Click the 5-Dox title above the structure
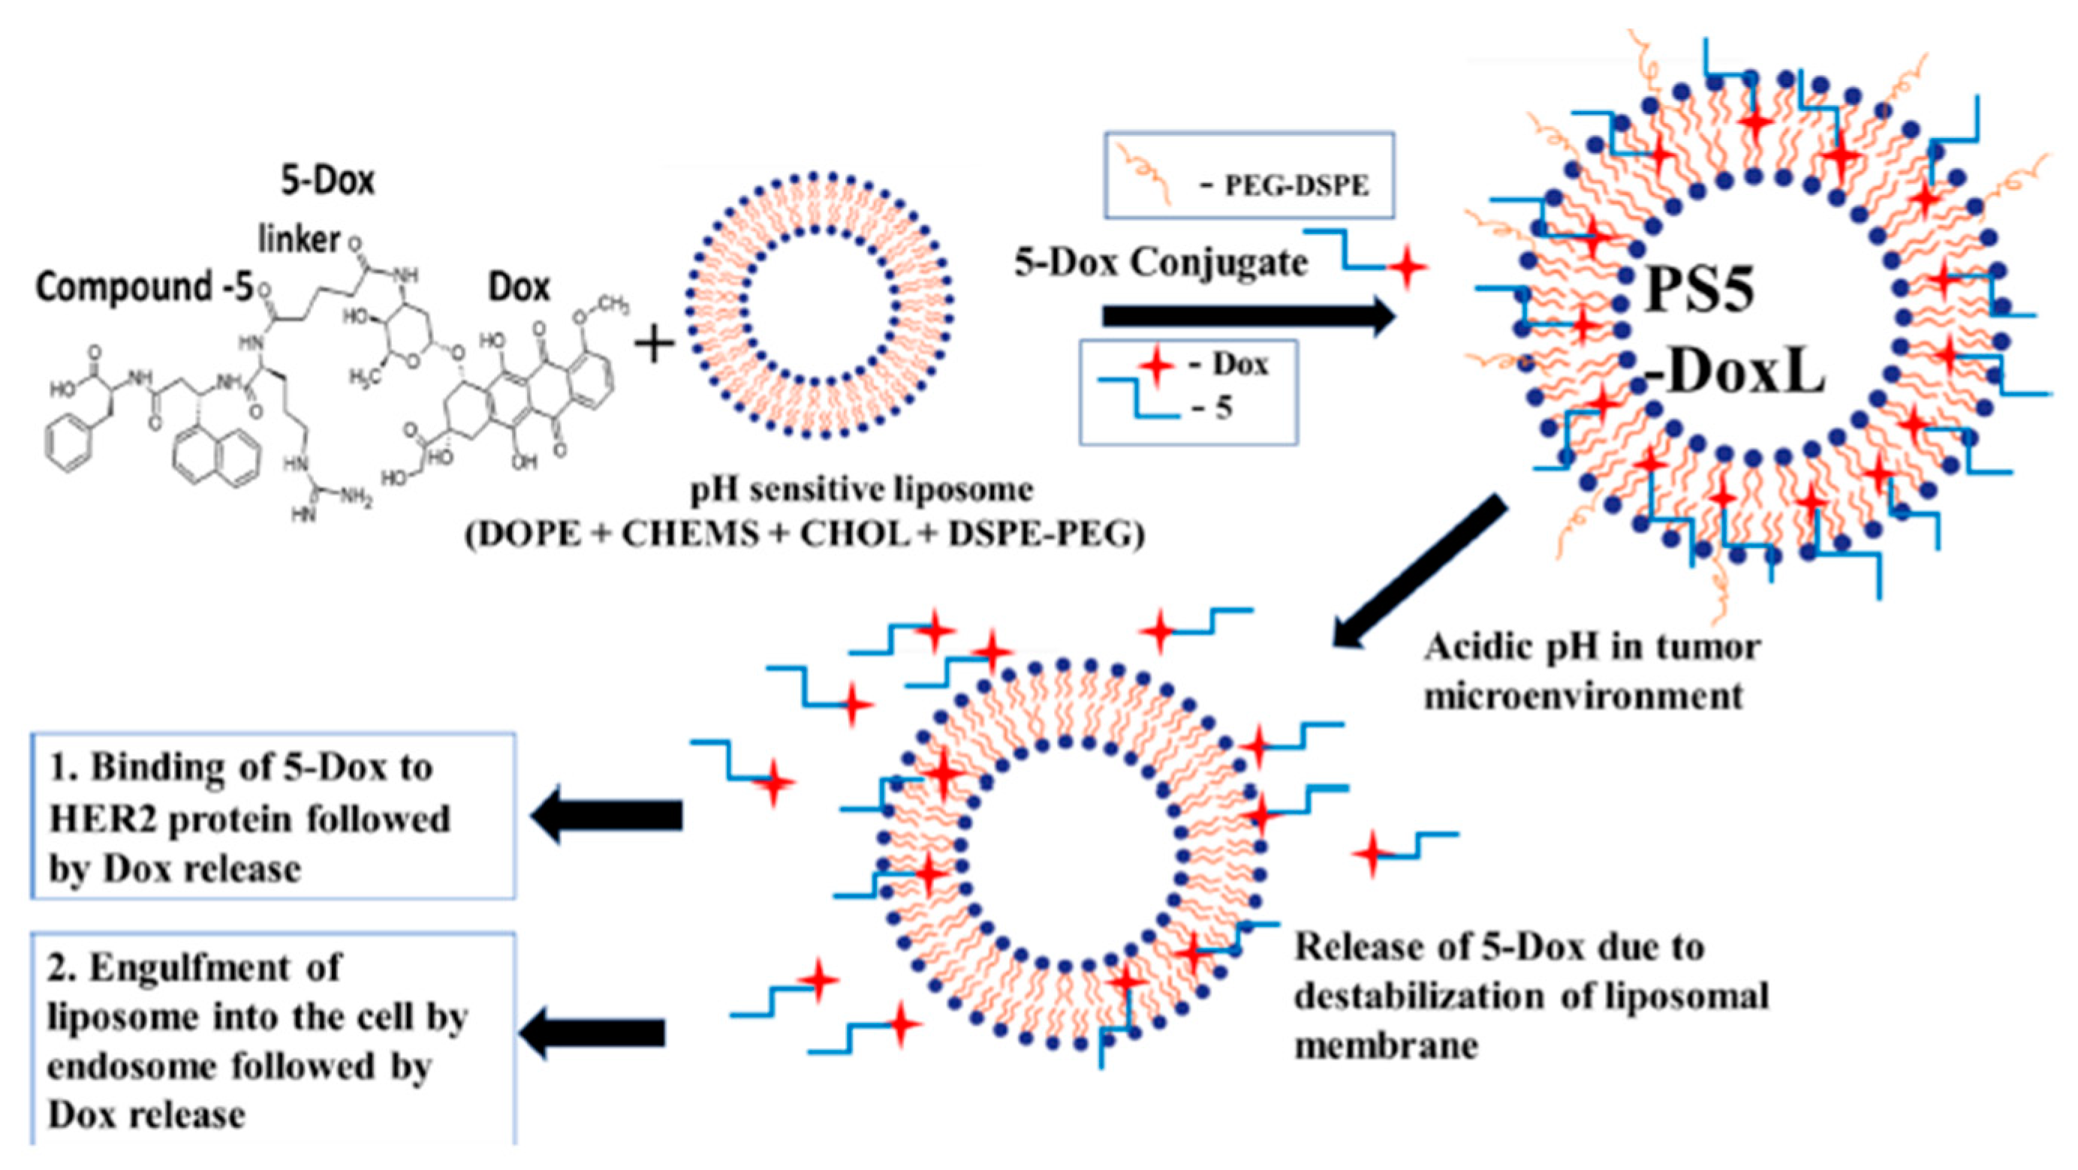327,181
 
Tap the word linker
300,239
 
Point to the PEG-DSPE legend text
1296,186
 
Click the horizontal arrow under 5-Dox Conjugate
1247,316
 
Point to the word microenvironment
1583,696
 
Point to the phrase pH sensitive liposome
862,489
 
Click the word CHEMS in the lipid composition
690,534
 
